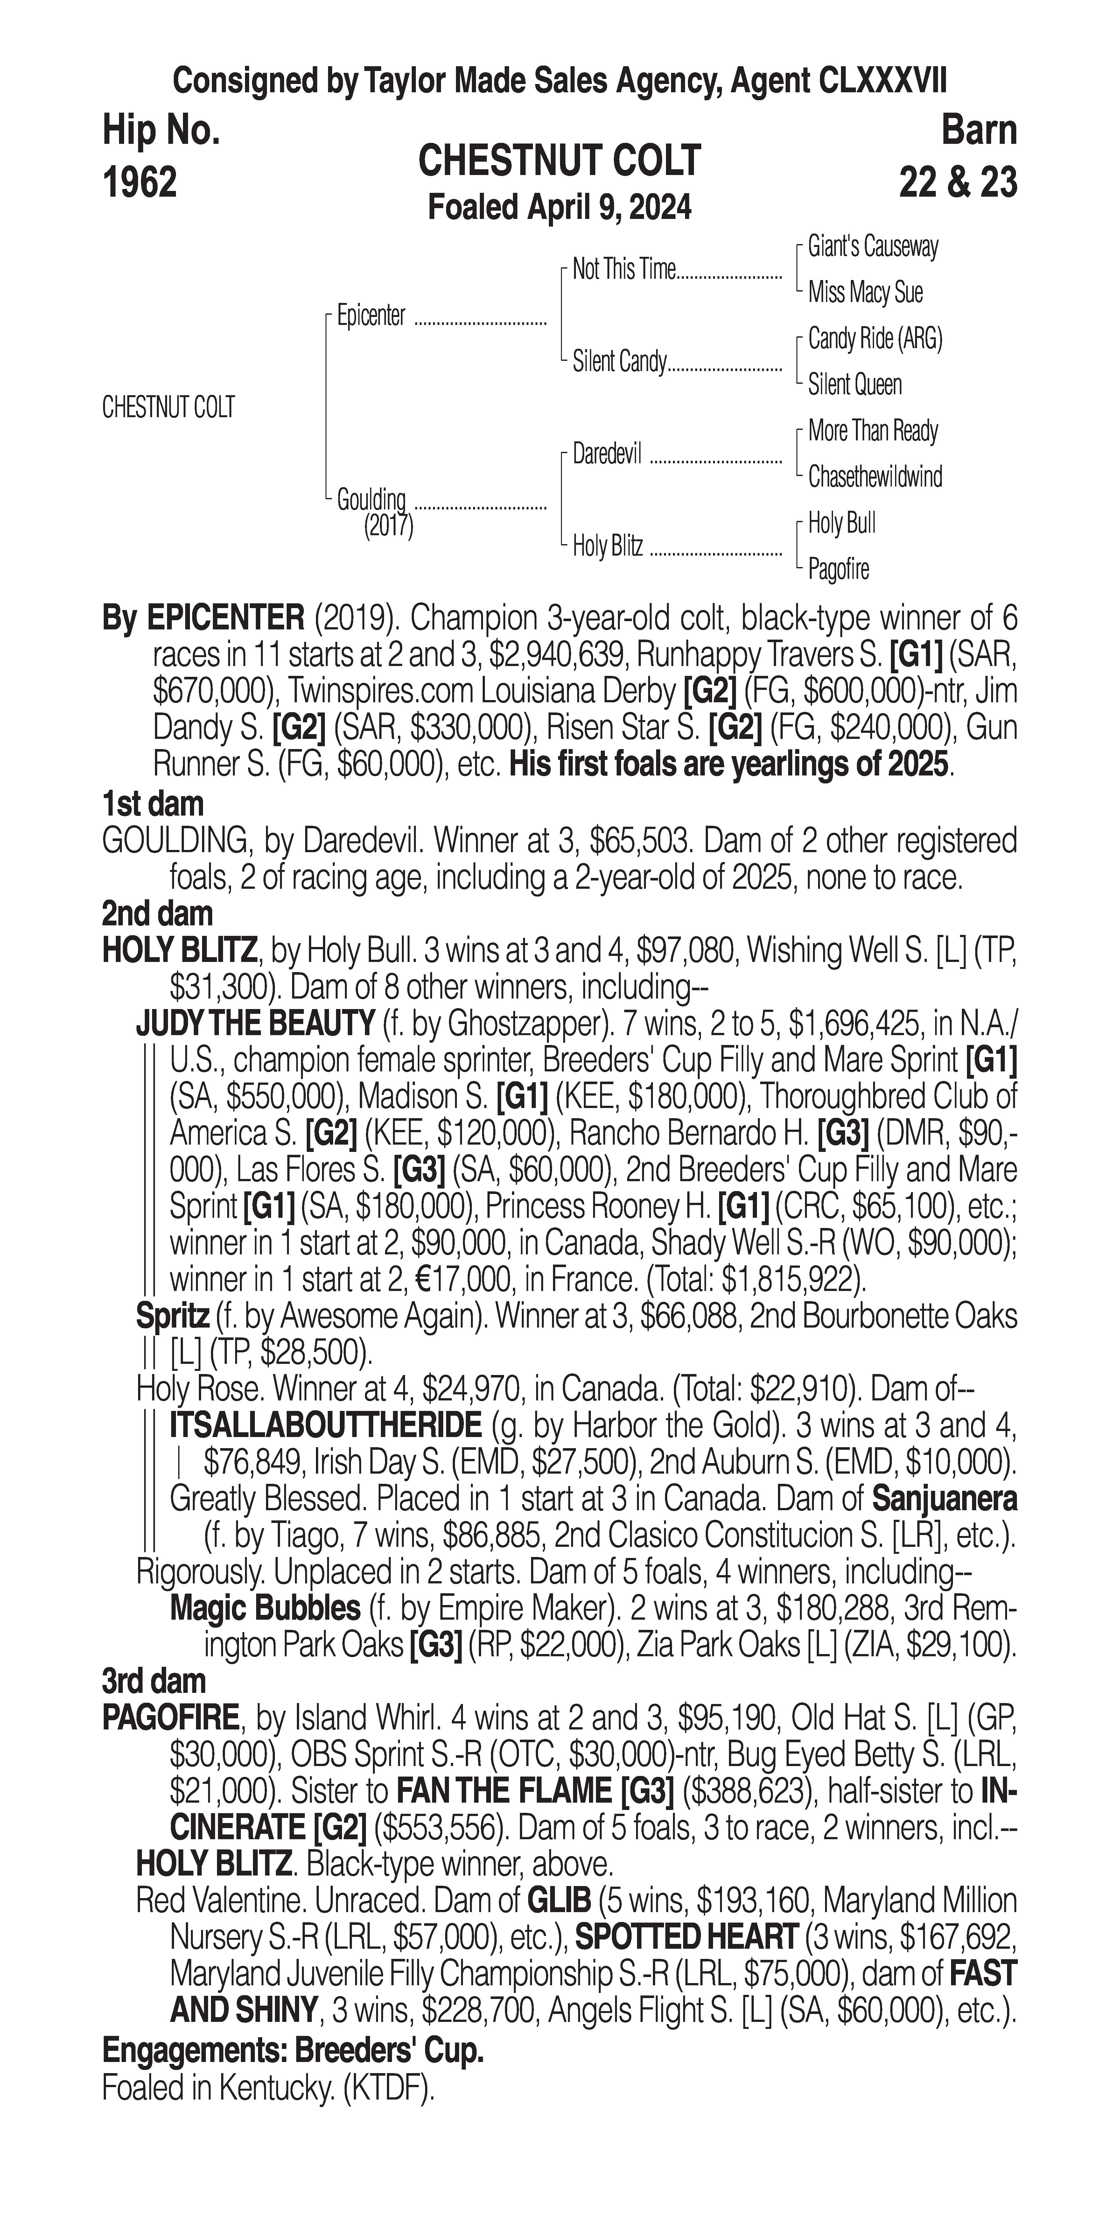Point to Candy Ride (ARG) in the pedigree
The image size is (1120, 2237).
pos(874,339)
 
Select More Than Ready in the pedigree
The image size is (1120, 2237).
pos(872,431)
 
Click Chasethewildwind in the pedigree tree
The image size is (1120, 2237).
pos(874,477)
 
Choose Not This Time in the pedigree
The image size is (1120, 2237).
pos(623,270)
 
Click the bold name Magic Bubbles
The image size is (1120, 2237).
pos(265,1608)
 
